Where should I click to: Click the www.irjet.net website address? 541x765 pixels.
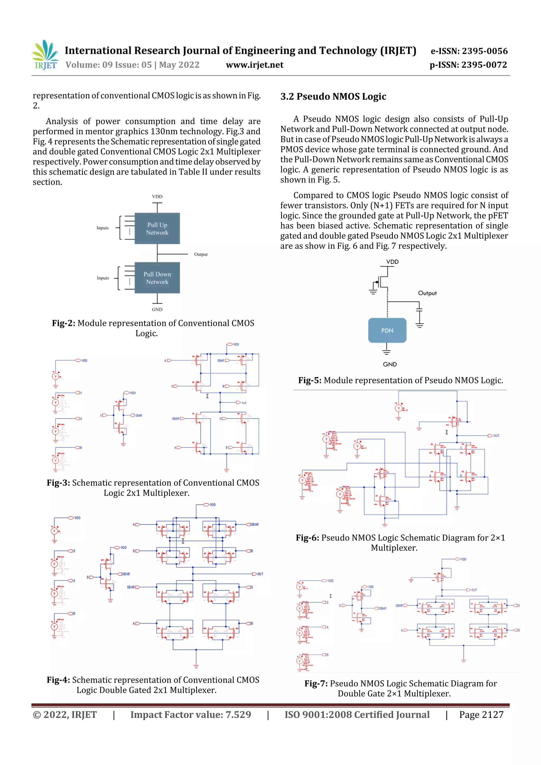(254, 65)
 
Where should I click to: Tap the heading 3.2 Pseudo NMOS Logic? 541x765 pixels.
(333, 97)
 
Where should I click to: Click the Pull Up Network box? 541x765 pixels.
(157, 229)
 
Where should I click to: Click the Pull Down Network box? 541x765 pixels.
(157, 278)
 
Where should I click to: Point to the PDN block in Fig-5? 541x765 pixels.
(387, 331)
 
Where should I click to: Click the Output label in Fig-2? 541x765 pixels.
(201, 255)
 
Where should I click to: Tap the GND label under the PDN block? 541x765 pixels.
(390, 364)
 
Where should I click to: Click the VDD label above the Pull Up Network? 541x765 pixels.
(157, 196)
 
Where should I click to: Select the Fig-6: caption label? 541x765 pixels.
(307, 538)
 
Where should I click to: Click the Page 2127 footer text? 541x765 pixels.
(481, 715)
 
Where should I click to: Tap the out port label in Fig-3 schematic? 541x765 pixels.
(243, 403)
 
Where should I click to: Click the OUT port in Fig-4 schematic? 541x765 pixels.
(260, 574)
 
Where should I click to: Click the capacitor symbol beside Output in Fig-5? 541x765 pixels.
(419, 310)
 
